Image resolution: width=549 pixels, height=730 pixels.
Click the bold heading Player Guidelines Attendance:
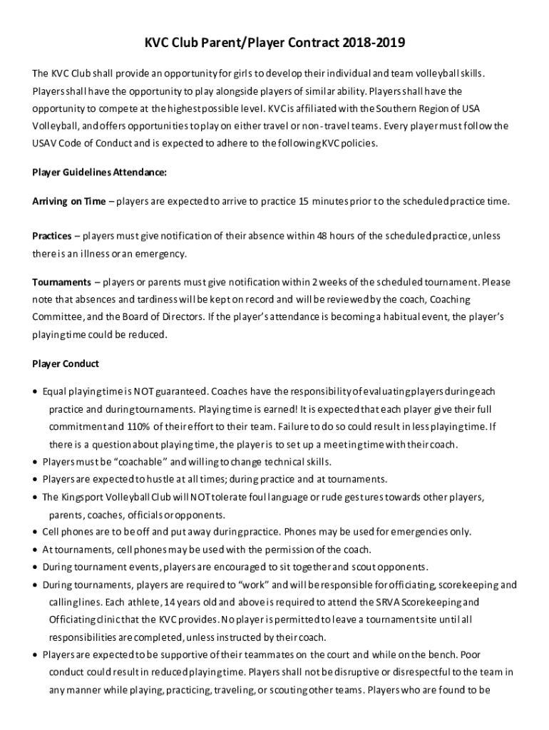tap(100, 172)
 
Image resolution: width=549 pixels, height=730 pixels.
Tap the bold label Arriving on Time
tap(68, 201)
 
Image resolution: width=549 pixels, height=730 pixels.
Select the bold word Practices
tap(51, 236)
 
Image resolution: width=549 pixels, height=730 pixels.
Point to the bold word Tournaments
tap(61, 282)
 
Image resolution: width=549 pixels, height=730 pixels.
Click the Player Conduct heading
tap(66, 364)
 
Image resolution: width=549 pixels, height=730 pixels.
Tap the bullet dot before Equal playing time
tap(36, 392)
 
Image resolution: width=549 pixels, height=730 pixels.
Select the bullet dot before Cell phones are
tap(36, 532)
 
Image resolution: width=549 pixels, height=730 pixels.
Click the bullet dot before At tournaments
tap(36, 550)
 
